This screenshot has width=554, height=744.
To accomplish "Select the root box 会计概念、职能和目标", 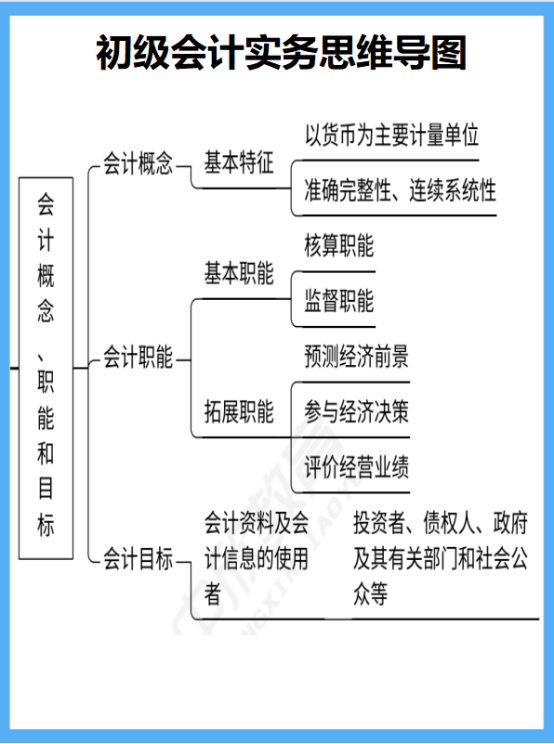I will coord(46,366).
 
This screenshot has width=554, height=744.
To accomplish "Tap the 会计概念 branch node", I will coord(138,164).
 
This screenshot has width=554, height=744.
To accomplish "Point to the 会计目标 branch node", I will coord(138,559).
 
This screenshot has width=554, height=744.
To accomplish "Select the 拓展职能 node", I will coord(239,411).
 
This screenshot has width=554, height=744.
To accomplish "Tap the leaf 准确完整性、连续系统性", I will coord(400,190).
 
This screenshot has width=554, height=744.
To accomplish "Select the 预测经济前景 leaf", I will coord(356,356).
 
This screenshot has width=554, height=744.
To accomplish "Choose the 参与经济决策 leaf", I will coord(356,411).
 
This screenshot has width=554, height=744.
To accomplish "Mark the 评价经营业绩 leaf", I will coord(356,466).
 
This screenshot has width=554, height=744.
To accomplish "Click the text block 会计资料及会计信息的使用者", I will coord(256,559).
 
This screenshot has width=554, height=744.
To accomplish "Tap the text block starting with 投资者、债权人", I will coord(439,559).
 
